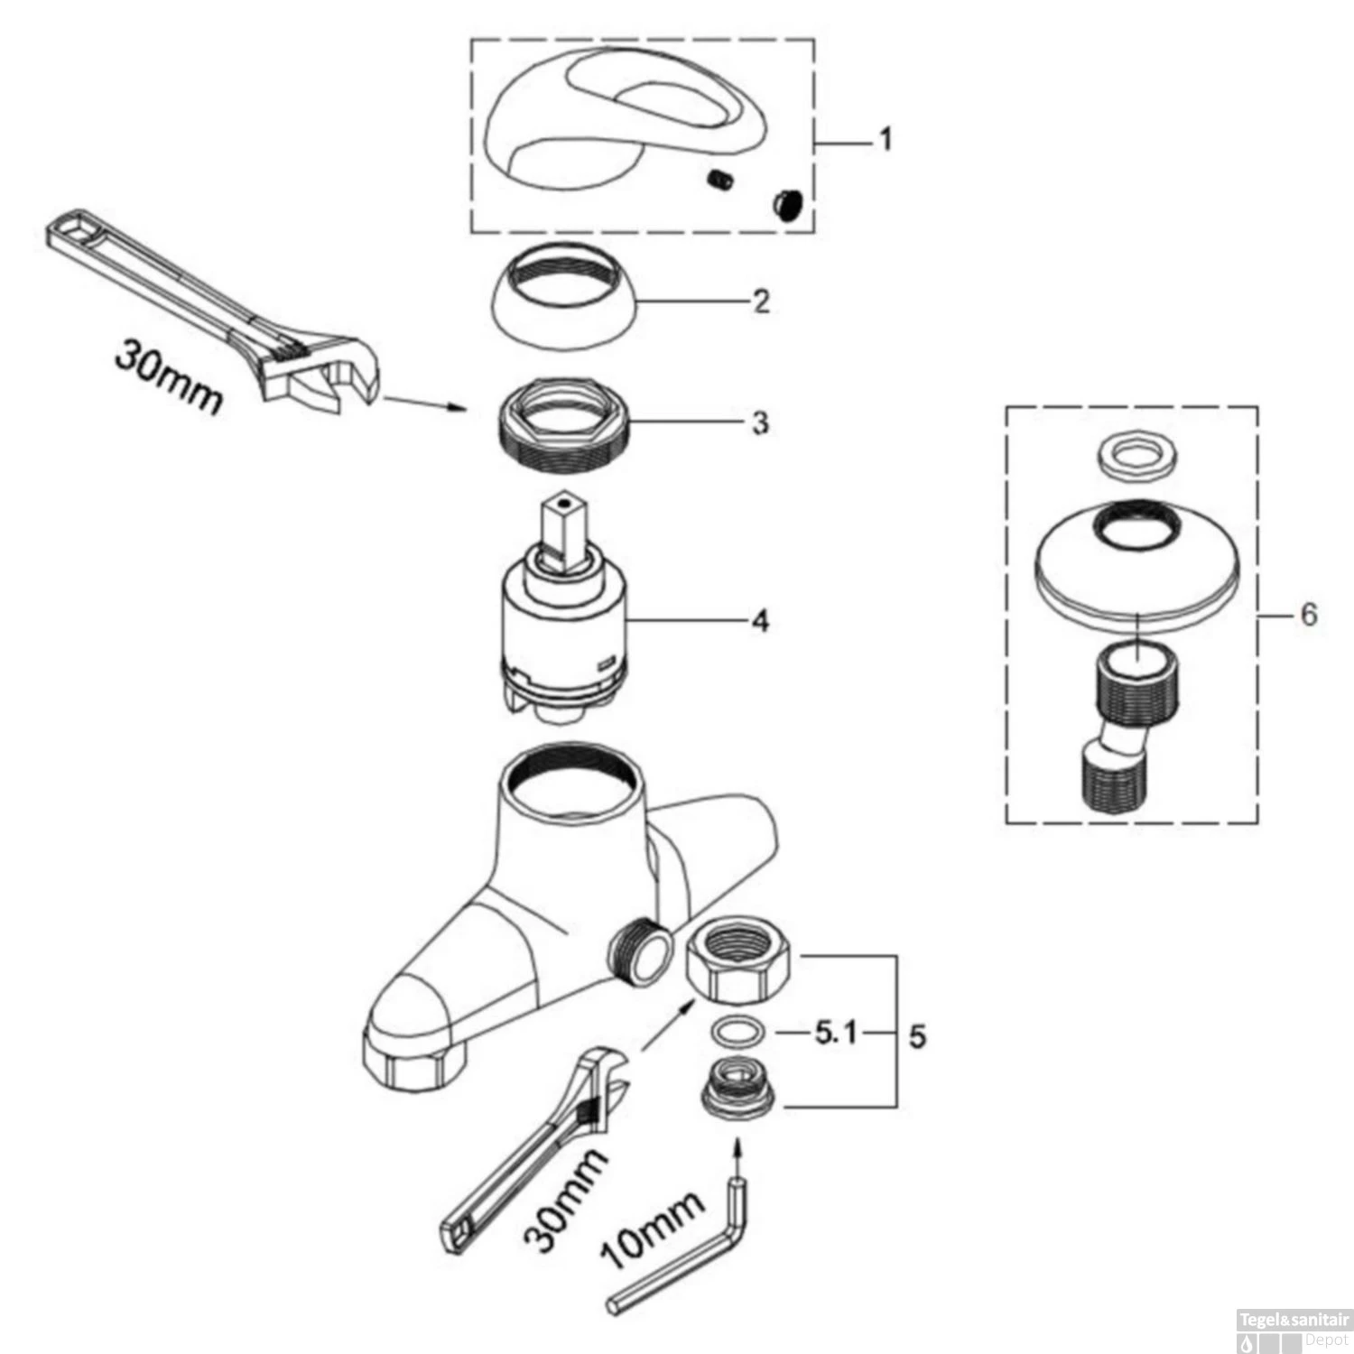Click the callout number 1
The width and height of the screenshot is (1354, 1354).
(886, 140)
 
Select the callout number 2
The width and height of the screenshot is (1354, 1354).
(762, 301)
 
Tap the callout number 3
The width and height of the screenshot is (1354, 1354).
(761, 422)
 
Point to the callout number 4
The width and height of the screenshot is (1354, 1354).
(760, 621)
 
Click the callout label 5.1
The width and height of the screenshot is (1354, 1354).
(836, 1033)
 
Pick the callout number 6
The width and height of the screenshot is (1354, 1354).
(1309, 615)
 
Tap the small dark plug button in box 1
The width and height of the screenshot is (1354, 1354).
(787, 205)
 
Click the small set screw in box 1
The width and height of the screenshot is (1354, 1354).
(719, 181)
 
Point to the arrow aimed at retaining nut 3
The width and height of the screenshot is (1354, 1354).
(424, 403)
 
